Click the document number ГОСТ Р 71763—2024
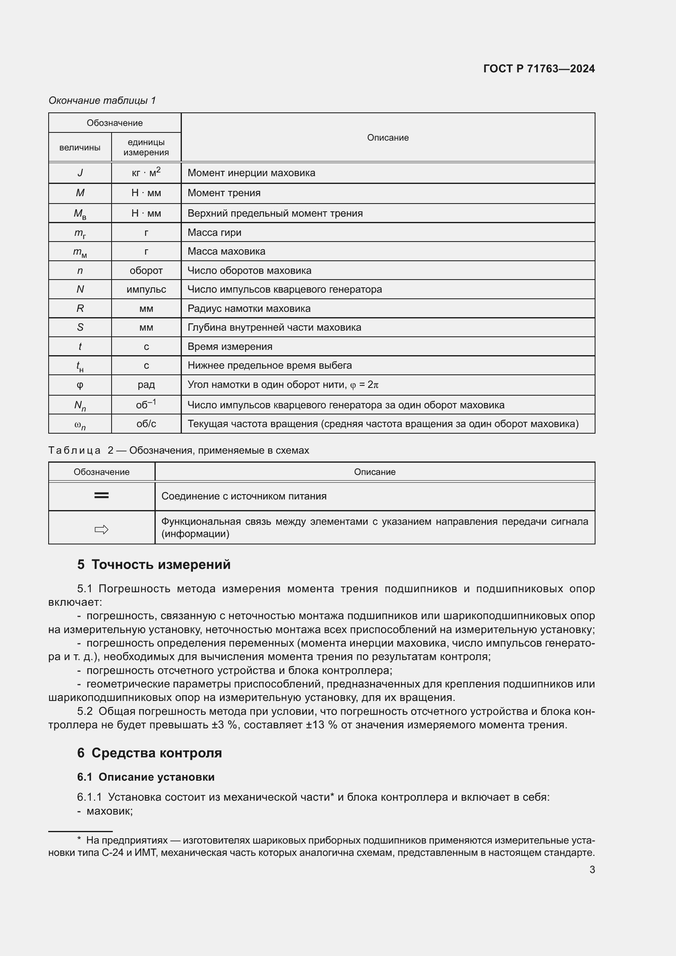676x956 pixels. (x=539, y=69)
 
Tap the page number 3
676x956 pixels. (x=592, y=869)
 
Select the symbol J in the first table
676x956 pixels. (x=80, y=173)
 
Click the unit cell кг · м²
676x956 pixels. (x=146, y=172)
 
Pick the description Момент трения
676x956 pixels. (x=224, y=193)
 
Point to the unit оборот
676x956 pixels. (x=146, y=271)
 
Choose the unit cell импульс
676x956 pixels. (x=146, y=289)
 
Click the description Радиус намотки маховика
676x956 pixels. (x=249, y=309)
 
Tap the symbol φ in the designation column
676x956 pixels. (x=80, y=385)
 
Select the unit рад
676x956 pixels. (x=146, y=385)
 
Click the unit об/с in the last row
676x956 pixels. (x=146, y=424)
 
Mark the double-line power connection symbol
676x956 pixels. (x=102, y=495)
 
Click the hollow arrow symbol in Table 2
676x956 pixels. (x=102, y=530)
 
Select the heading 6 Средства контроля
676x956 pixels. (x=150, y=753)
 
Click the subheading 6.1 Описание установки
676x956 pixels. (x=145, y=777)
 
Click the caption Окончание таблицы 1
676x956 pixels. (x=102, y=101)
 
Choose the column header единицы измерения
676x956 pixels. (x=146, y=148)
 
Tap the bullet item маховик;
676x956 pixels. (x=109, y=811)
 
